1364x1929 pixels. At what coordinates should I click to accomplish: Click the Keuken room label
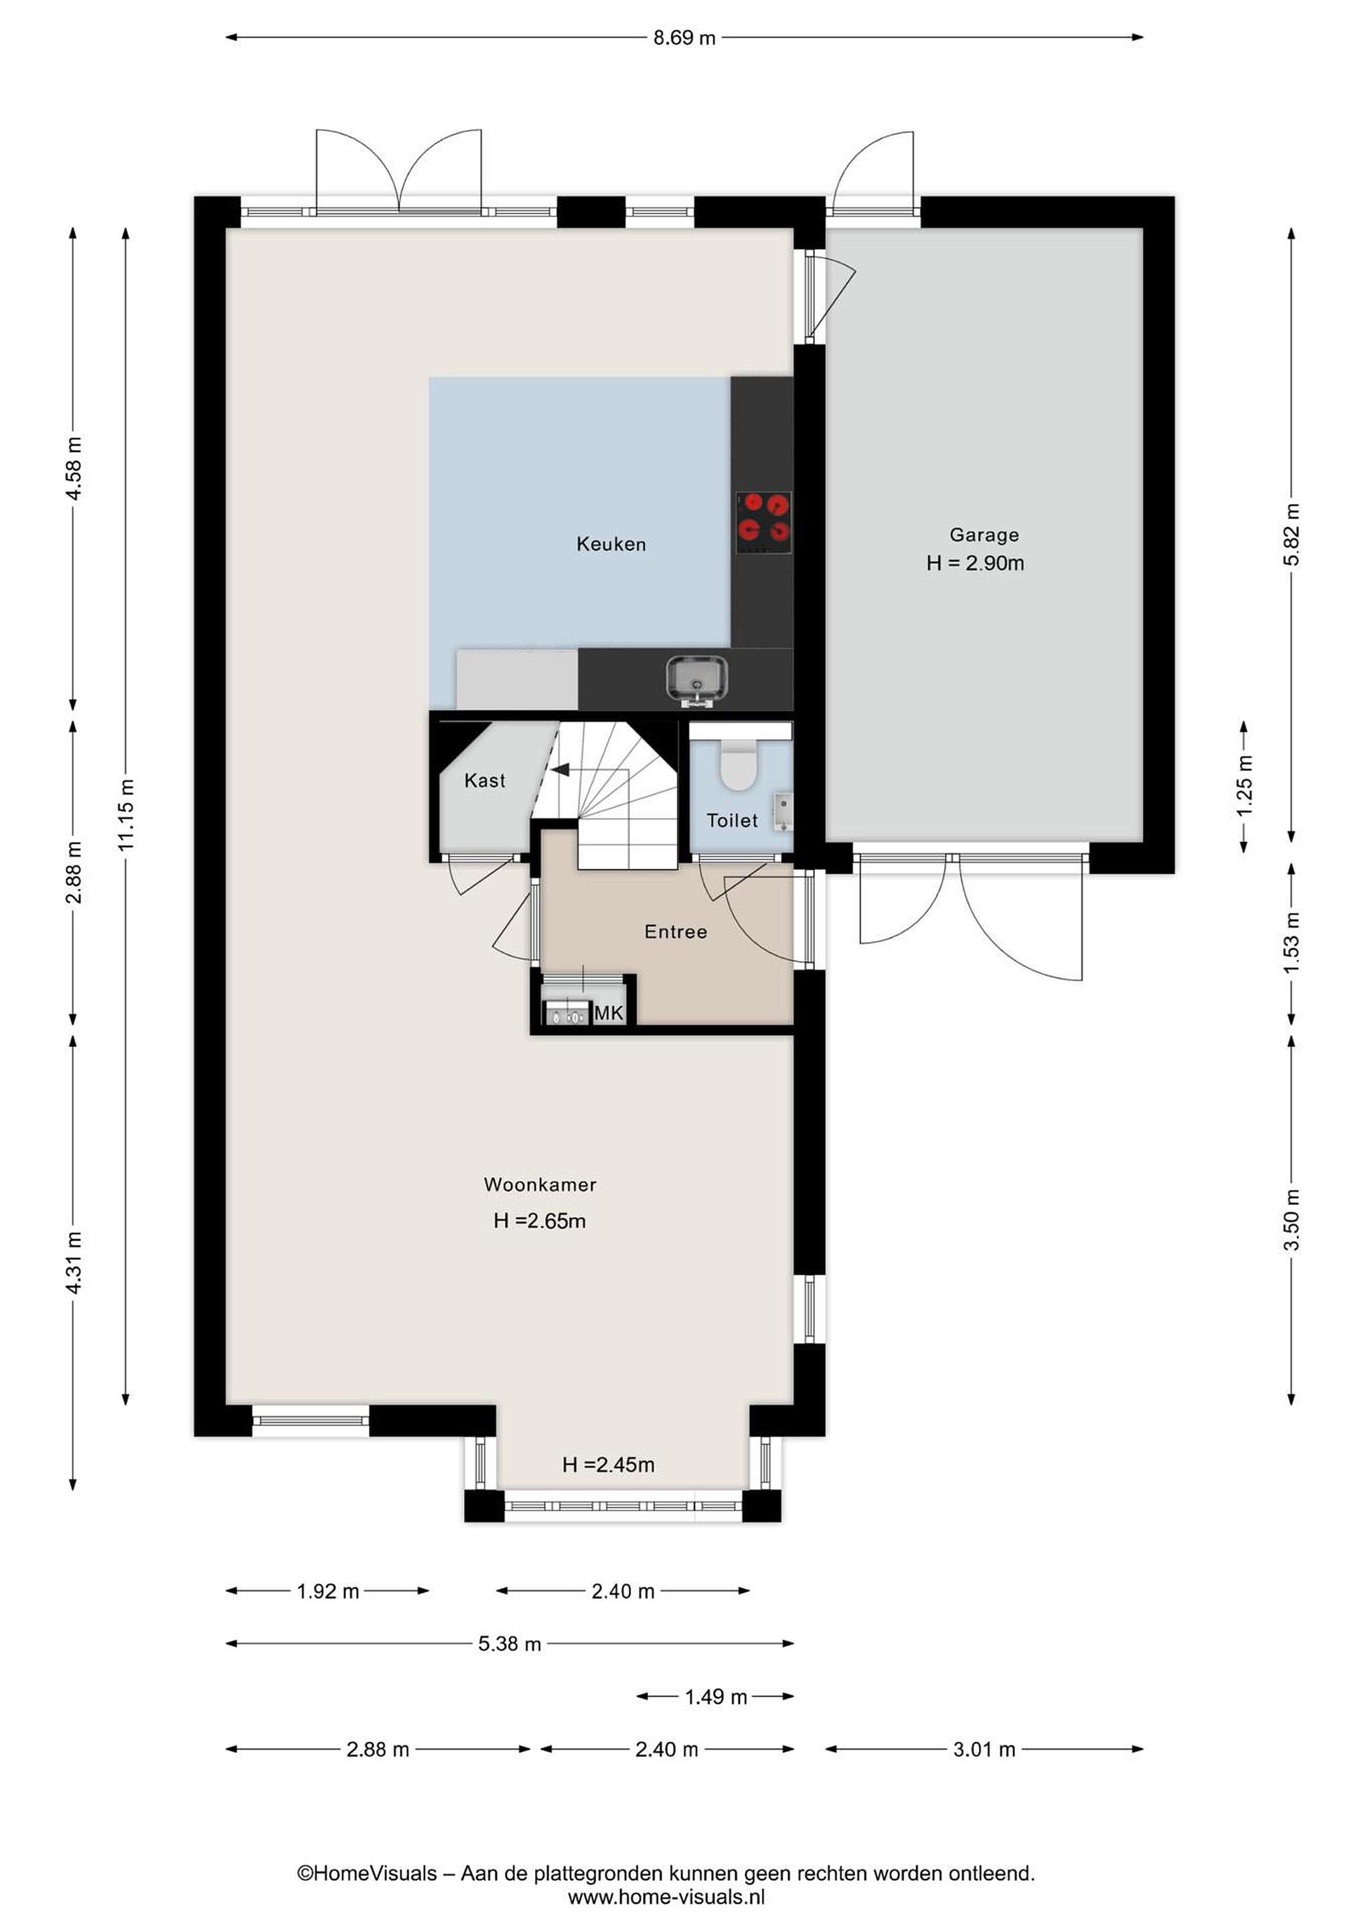click(x=611, y=544)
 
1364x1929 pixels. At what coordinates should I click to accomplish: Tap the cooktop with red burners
click(x=763, y=522)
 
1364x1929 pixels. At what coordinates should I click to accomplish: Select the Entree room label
click(x=675, y=931)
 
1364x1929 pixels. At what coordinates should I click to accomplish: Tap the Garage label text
click(x=984, y=535)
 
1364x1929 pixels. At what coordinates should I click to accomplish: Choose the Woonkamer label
click(x=540, y=1185)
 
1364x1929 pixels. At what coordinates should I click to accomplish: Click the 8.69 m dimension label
click(x=684, y=38)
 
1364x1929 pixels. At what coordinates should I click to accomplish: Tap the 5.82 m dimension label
click(x=1292, y=534)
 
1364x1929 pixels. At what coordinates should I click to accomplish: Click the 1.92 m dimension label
click(x=327, y=1591)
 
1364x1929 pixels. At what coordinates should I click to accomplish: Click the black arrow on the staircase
click(x=559, y=769)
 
